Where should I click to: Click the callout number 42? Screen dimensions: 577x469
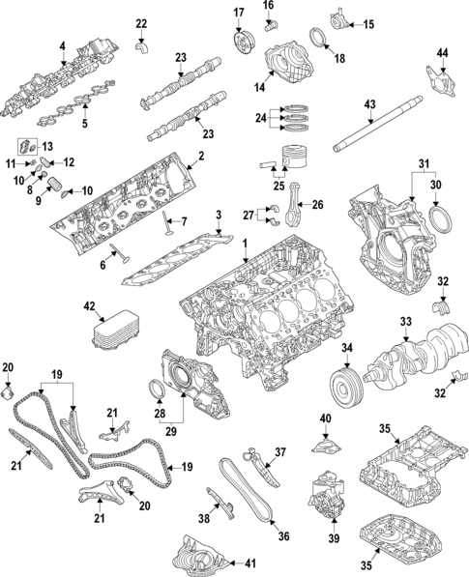click(x=89, y=306)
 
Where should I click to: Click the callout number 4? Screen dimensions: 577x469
click(x=62, y=45)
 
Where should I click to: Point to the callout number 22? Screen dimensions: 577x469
click(x=141, y=23)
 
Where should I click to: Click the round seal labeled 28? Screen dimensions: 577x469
click(x=157, y=389)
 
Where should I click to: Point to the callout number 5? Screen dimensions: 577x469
click(x=83, y=123)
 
